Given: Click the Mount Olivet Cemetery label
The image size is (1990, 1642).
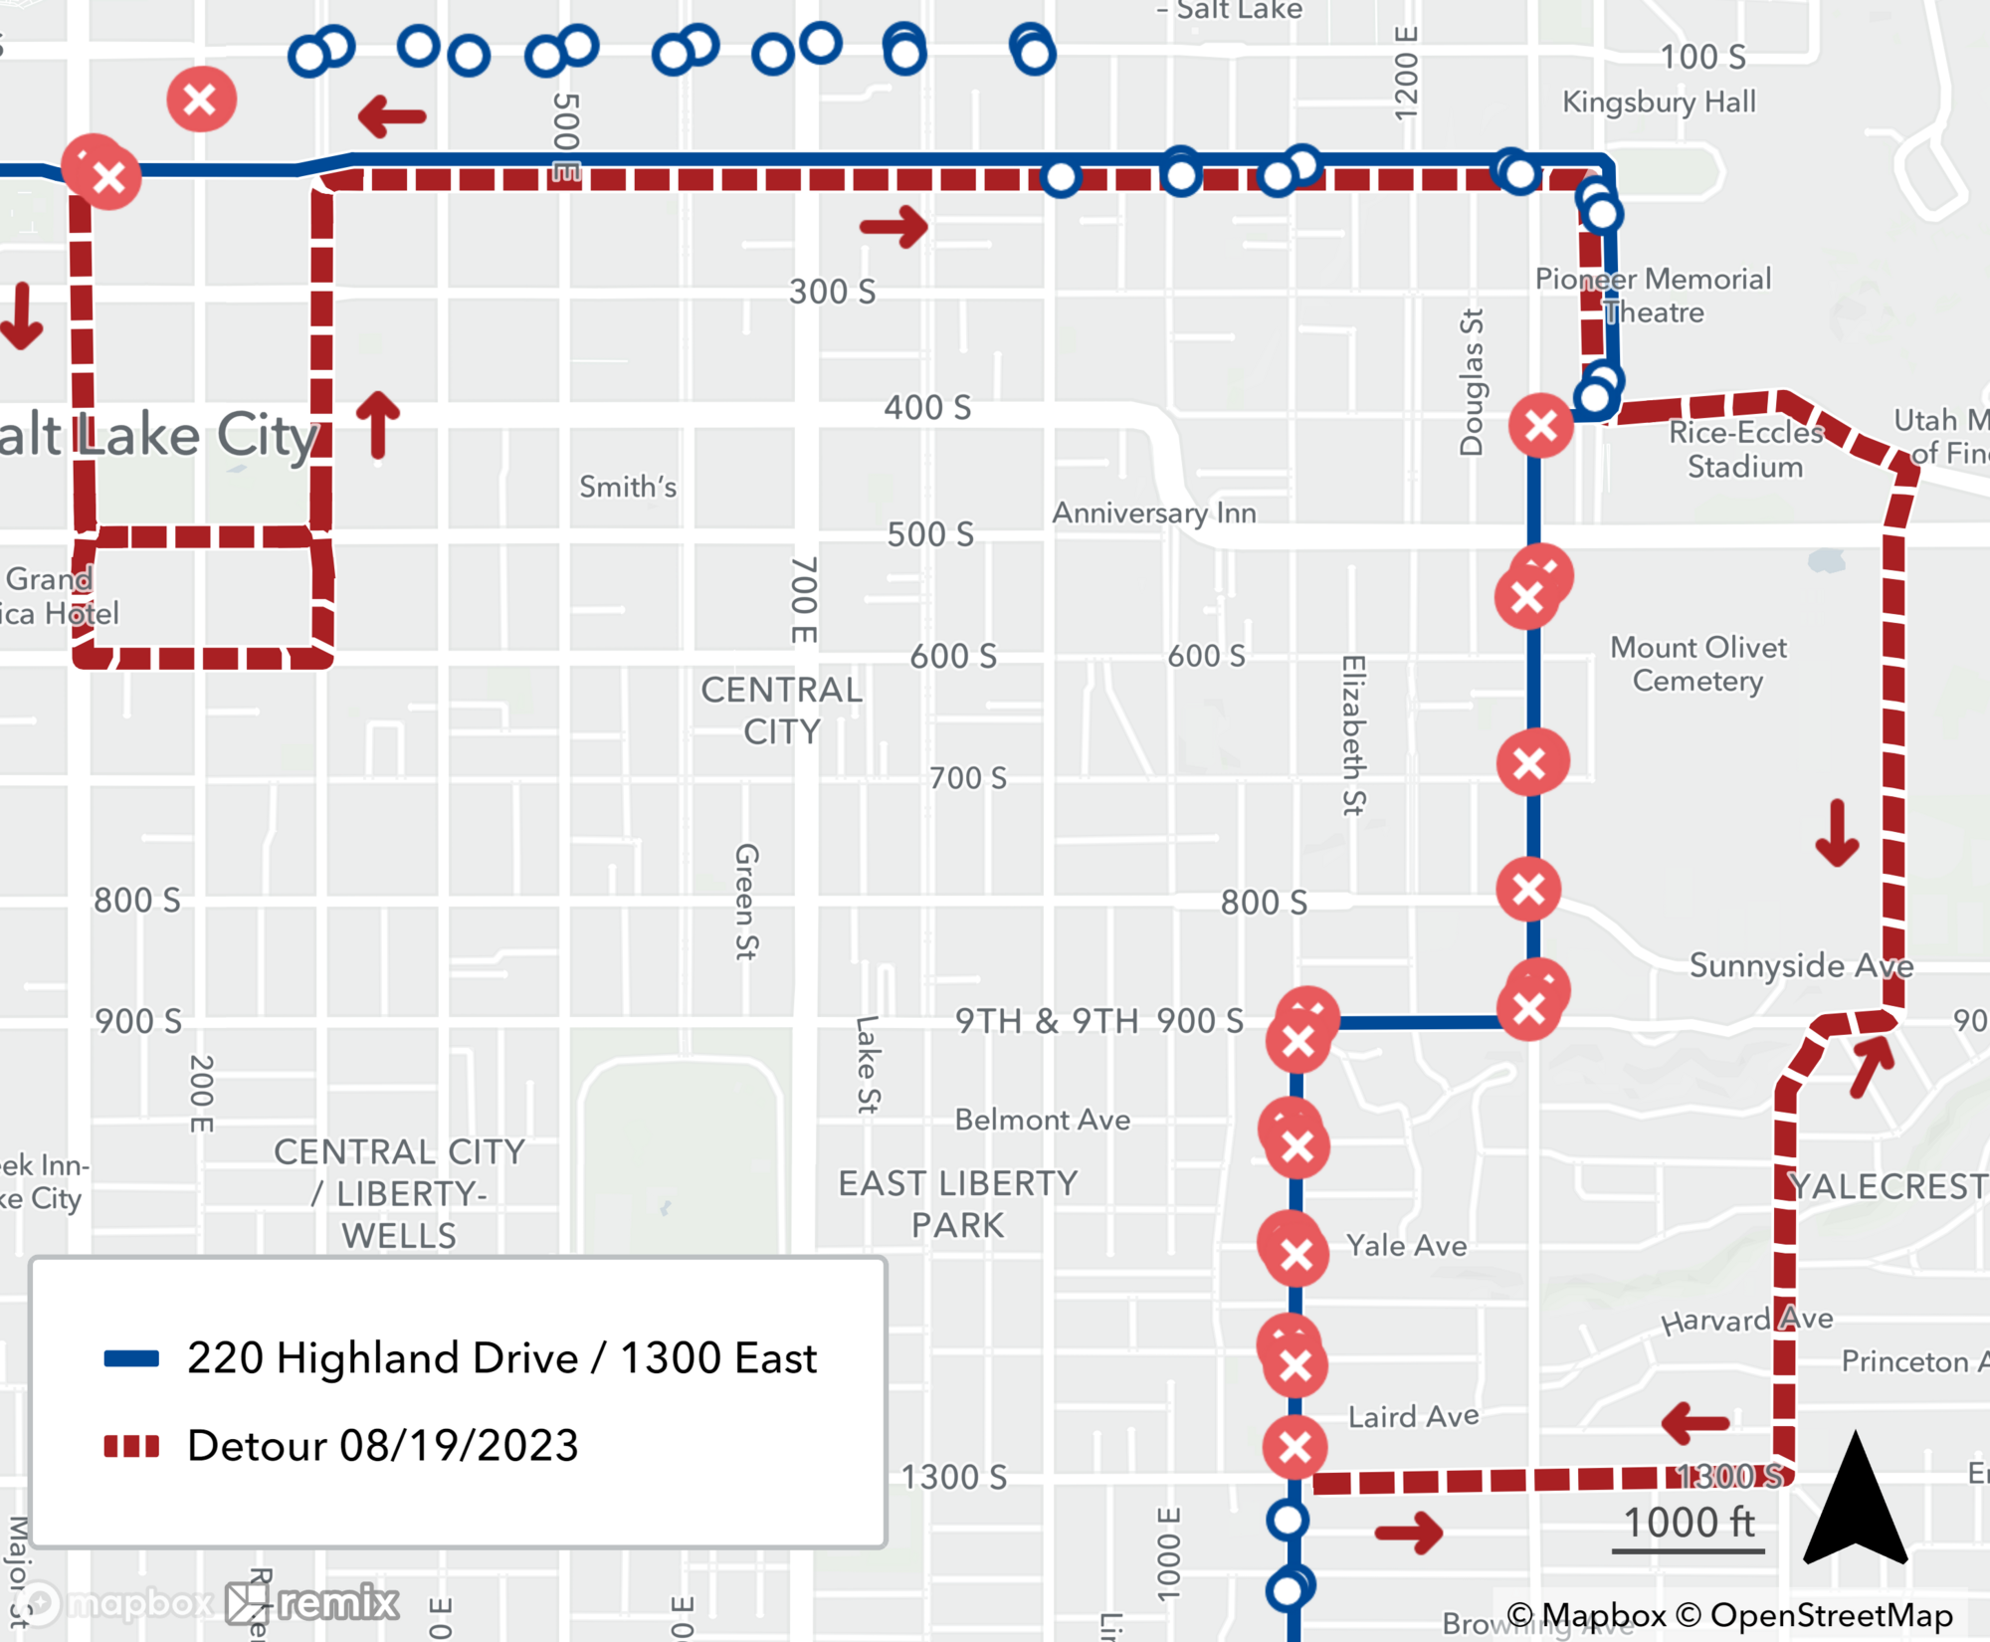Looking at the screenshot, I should tap(1698, 664).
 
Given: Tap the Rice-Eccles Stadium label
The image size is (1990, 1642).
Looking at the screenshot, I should tap(1745, 450).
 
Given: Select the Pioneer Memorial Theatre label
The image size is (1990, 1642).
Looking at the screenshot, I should tap(1653, 296).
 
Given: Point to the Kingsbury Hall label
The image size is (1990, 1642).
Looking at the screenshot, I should tap(1659, 102).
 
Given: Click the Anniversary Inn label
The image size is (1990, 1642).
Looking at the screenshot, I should tap(1154, 513).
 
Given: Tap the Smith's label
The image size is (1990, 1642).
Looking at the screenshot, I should tap(628, 487).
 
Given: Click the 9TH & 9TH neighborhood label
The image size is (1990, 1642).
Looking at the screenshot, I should tap(1047, 1021).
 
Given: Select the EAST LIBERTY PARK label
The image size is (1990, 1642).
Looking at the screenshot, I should tap(958, 1204).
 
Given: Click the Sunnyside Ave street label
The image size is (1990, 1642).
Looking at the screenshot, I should tap(1801, 965).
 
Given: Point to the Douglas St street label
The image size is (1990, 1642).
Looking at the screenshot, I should tap(1471, 382).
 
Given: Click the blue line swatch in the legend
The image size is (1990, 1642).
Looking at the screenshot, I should tap(131, 1358).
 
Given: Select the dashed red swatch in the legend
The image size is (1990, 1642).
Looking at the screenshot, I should tap(131, 1446).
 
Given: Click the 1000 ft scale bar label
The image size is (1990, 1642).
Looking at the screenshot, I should tap(1689, 1523).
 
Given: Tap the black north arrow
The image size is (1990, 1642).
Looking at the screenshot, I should tap(1855, 1503).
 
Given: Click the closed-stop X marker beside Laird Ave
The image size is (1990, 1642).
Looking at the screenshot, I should tap(1294, 1447).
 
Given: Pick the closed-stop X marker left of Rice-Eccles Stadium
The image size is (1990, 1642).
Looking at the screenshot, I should tap(1541, 426).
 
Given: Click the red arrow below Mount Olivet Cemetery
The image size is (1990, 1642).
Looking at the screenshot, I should tap(1837, 833).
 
